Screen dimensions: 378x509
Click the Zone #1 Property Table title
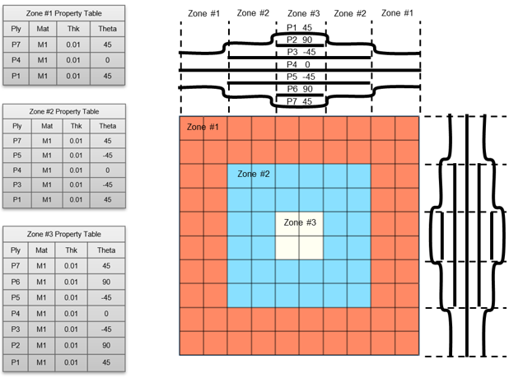point(63,12)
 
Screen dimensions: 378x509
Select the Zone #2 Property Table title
point(63,111)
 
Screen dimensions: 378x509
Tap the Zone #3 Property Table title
point(63,235)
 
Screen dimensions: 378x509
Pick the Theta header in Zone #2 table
point(108,126)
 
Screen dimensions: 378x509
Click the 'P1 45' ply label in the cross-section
point(300,27)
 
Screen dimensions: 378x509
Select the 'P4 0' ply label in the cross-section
point(300,64)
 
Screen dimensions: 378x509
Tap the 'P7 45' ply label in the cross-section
point(300,101)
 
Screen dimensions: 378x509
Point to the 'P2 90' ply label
point(300,40)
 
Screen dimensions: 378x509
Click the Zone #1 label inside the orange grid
point(203,127)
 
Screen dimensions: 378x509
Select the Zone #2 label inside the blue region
point(253,174)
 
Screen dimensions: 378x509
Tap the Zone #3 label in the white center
point(300,222)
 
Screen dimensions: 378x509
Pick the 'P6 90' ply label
point(300,89)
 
